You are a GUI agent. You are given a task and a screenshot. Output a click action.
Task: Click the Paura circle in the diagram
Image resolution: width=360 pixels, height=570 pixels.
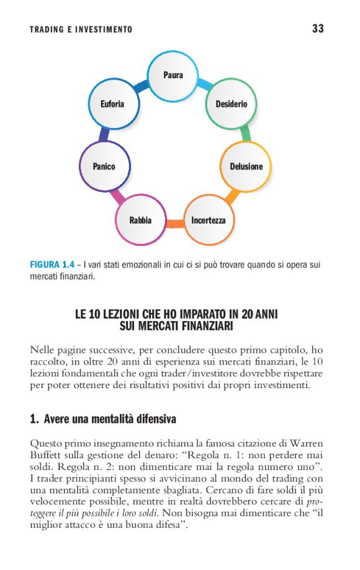click(x=173, y=76)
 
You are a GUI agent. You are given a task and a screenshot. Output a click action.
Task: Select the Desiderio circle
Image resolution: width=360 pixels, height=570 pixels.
click(x=231, y=104)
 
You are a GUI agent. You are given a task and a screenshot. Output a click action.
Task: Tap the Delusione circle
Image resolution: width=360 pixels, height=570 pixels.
click(x=246, y=166)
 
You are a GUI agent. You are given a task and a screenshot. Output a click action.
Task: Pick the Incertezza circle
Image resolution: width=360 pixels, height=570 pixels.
click(x=208, y=220)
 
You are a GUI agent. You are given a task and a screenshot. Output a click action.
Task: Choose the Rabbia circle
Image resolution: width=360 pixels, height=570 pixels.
click(x=140, y=220)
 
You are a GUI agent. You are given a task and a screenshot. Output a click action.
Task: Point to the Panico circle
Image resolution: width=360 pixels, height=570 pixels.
click(x=104, y=166)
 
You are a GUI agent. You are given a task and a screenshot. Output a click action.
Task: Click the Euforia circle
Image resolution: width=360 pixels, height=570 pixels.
click(x=112, y=104)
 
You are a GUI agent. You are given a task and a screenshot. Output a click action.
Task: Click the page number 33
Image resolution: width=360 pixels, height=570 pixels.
click(x=318, y=29)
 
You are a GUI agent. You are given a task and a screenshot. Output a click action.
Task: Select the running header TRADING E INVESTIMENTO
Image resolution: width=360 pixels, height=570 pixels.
click(x=81, y=30)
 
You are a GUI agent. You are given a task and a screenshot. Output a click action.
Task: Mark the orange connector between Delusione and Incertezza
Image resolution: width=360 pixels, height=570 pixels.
click(x=232, y=197)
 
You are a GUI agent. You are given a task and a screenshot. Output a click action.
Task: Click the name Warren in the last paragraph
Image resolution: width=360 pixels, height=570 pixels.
click(x=307, y=443)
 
